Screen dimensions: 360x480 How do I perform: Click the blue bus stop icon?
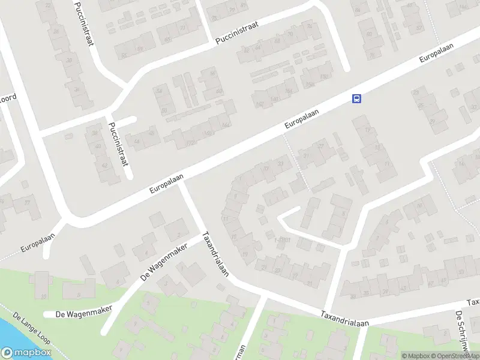(x=356, y=99)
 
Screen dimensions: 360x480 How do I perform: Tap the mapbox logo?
(x=26, y=353)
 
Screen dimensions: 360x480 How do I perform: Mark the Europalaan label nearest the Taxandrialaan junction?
(x=167, y=184)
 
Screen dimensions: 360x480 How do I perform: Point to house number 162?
(x=259, y=104)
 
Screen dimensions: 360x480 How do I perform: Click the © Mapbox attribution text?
(x=416, y=356)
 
